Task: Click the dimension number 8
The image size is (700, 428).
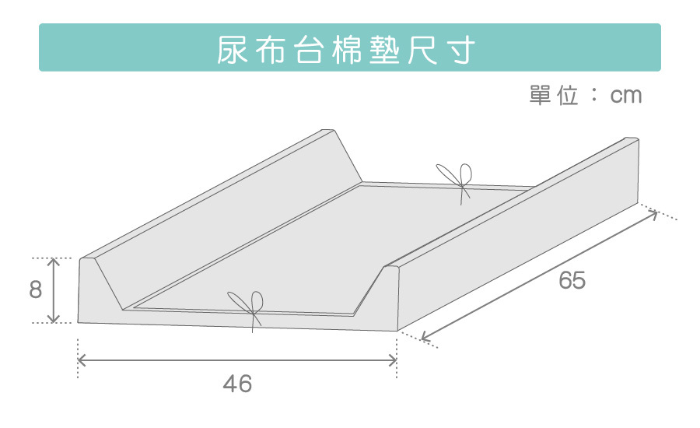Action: [x=35, y=290]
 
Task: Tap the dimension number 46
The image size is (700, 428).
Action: [x=237, y=384]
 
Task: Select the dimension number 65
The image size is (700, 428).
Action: [x=572, y=281]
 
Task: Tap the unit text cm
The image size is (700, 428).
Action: [x=626, y=96]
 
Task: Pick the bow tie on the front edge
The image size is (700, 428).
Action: [x=247, y=305]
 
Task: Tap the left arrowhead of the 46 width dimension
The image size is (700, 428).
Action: [x=81, y=360]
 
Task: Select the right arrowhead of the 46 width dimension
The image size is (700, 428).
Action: [x=394, y=360]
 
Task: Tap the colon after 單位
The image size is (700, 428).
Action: [x=593, y=96]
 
